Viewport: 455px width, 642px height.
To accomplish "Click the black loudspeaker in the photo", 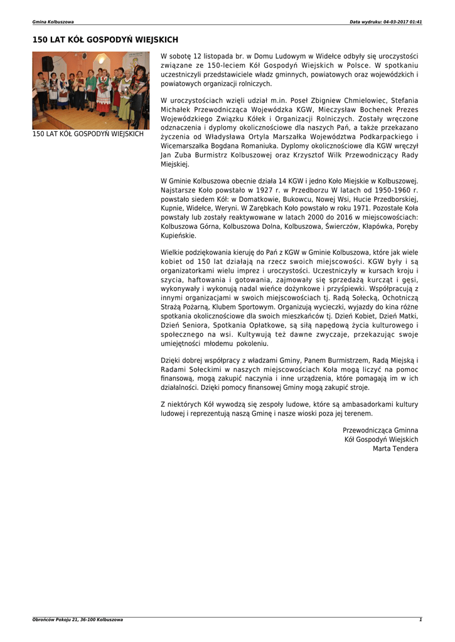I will (48, 64).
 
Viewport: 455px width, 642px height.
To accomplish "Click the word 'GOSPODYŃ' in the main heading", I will (107, 40).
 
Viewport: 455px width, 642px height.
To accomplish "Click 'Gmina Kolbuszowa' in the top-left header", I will (53, 22).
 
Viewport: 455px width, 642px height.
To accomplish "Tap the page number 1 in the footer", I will (420, 619).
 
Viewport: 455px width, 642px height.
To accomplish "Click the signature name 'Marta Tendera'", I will (395, 448).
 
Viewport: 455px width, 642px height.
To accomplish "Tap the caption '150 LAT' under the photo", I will (45, 134).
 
